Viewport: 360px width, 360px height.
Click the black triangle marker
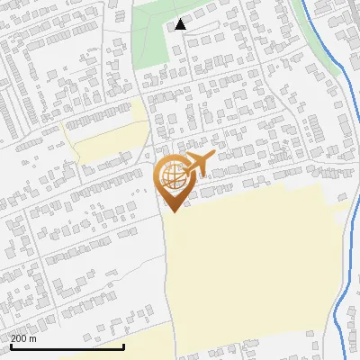pos(181,24)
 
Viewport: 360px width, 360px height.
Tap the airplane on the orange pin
pos(197,164)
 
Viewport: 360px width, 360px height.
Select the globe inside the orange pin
pos(172,177)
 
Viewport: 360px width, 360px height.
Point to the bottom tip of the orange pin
pos(172,211)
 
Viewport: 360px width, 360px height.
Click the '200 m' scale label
pos(24,338)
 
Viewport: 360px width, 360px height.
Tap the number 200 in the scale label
pos(20,338)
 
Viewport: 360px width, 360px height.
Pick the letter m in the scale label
pos(33,338)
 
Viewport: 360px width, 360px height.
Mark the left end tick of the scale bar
pos(11,346)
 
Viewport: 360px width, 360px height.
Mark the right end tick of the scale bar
pos(123,346)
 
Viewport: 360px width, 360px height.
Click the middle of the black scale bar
pos(67,346)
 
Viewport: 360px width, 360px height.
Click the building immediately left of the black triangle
pos(169,28)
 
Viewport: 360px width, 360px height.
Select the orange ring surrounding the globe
pos(158,177)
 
